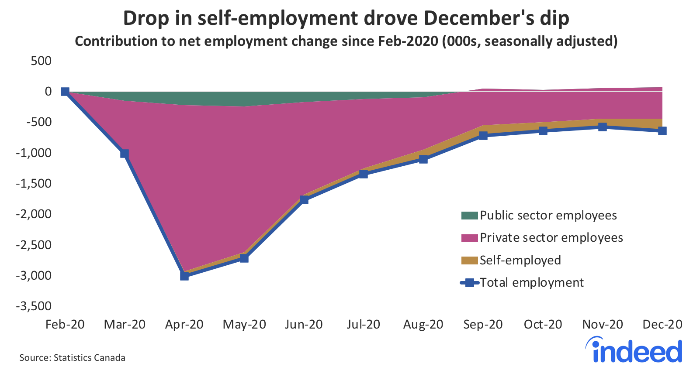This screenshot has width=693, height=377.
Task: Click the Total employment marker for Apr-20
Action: [x=184, y=276]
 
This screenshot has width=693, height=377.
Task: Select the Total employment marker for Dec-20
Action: [x=662, y=130]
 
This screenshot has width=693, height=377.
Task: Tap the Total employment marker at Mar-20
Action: [x=125, y=154]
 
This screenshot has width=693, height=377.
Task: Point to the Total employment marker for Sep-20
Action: [x=483, y=136]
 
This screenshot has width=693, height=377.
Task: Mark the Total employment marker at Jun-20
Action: [x=304, y=200]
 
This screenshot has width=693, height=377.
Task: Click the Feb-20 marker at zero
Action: [x=65, y=91]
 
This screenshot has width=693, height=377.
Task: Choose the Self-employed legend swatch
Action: [x=470, y=260]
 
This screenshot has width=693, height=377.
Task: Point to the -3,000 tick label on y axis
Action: [x=34, y=275]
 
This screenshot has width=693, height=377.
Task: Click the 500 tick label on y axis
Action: [x=41, y=61]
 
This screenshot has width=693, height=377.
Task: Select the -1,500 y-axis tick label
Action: [x=34, y=183]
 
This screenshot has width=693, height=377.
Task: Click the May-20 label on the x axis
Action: [x=244, y=325]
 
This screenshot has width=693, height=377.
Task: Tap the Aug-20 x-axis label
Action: [x=423, y=325]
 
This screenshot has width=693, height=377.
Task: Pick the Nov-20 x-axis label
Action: [x=603, y=325]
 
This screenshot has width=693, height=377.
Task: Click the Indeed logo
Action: [x=634, y=350]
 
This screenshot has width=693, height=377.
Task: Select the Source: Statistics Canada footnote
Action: [x=72, y=358]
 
